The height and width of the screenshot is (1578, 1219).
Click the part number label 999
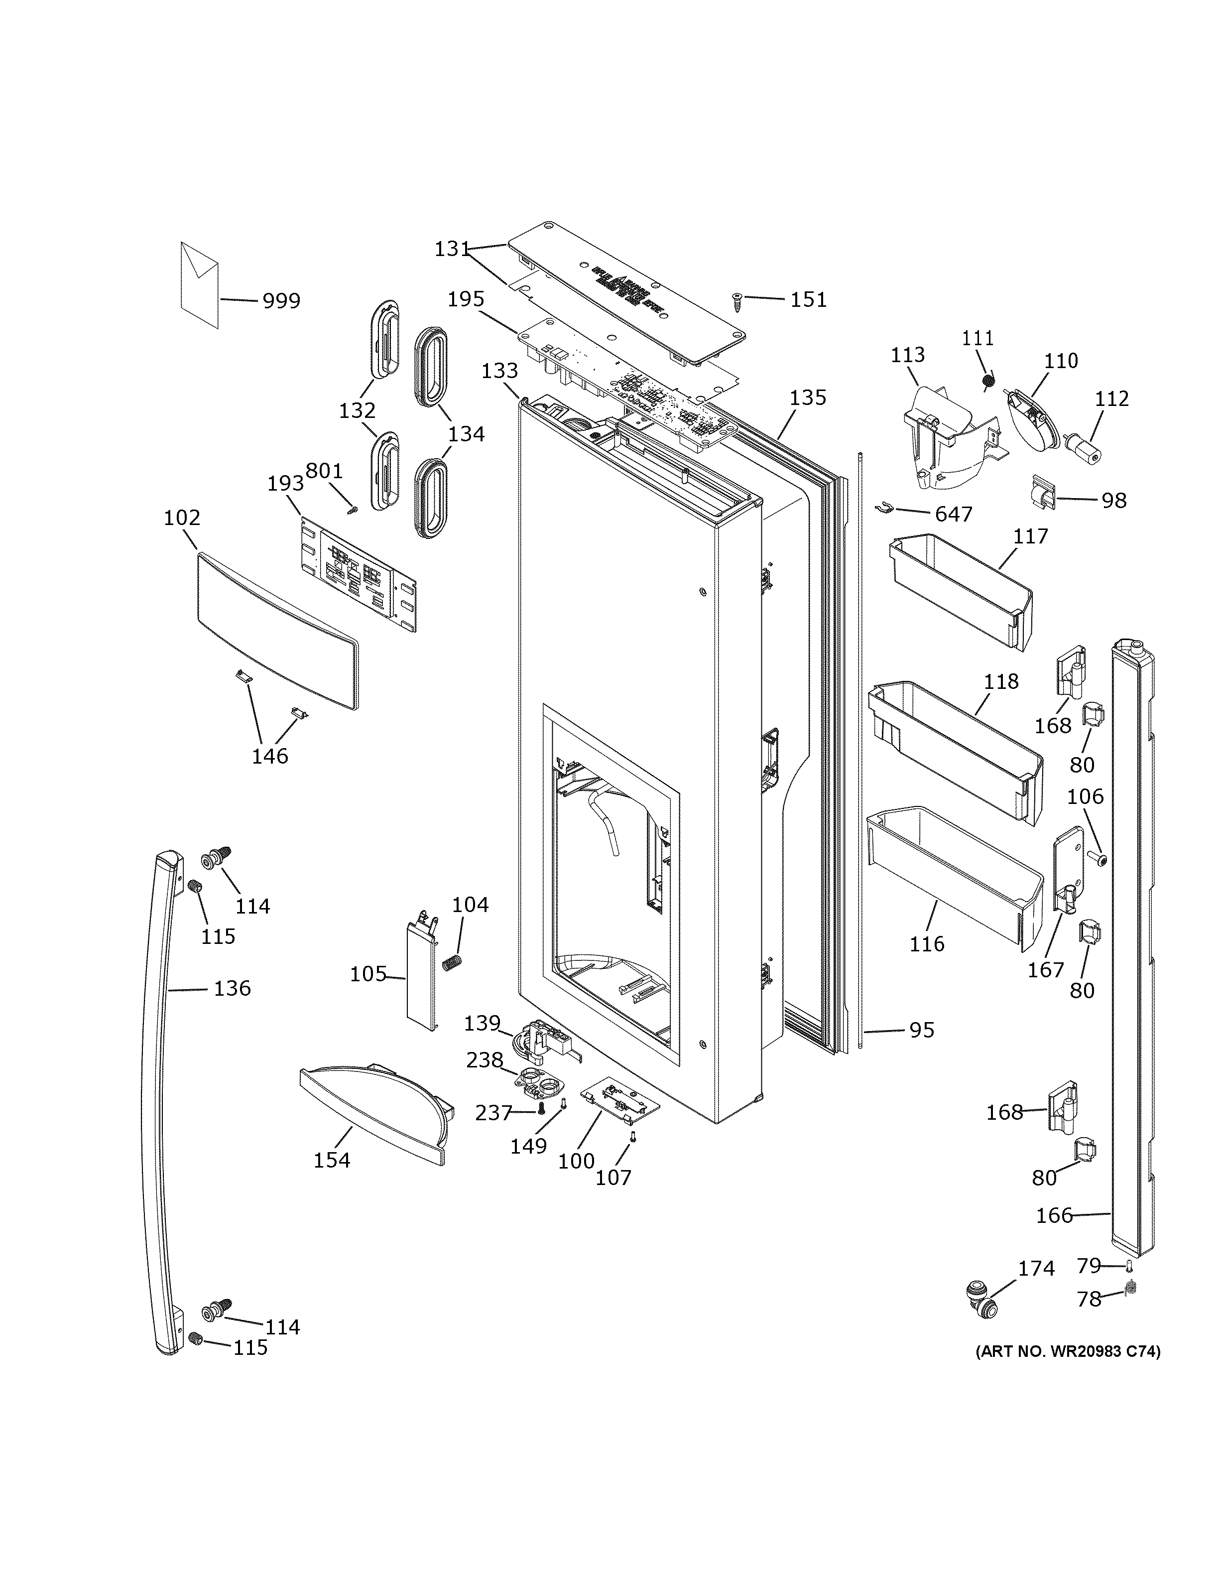click(x=281, y=300)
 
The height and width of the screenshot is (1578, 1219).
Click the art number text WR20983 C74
click(x=1067, y=1352)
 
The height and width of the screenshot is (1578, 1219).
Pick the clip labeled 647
click(x=887, y=507)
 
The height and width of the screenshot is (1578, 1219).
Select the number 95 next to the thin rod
click(x=922, y=1030)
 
